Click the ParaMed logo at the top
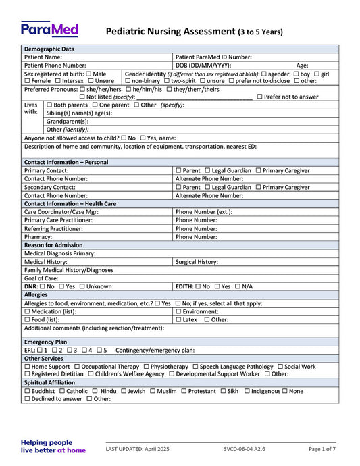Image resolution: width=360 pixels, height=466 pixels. [x=49, y=30]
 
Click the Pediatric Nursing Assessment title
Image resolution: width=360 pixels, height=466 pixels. [x=194, y=32]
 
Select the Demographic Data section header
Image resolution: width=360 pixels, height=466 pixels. [x=49, y=49]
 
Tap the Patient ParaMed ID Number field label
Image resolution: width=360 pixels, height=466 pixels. [x=213, y=57]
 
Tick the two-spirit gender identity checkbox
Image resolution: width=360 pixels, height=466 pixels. [x=167, y=81]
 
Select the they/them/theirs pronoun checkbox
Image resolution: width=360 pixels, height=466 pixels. [x=170, y=89]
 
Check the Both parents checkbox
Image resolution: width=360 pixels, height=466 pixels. [x=49, y=105]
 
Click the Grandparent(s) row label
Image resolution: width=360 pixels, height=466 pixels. [x=67, y=121]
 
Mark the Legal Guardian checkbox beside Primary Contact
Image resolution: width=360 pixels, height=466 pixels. [x=207, y=171]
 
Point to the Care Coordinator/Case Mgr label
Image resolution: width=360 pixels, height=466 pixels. [x=61, y=211]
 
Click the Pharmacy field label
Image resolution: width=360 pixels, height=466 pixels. [x=38, y=237]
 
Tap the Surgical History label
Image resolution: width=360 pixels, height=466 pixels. [x=196, y=261]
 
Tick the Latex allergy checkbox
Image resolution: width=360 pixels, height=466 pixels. [x=178, y=319]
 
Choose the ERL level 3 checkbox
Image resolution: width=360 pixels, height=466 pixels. [x=69, y=350]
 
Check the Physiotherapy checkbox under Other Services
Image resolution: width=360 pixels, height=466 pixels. [x=146, y=367]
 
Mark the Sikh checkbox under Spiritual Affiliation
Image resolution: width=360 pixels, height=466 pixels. [x=223, y=391]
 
